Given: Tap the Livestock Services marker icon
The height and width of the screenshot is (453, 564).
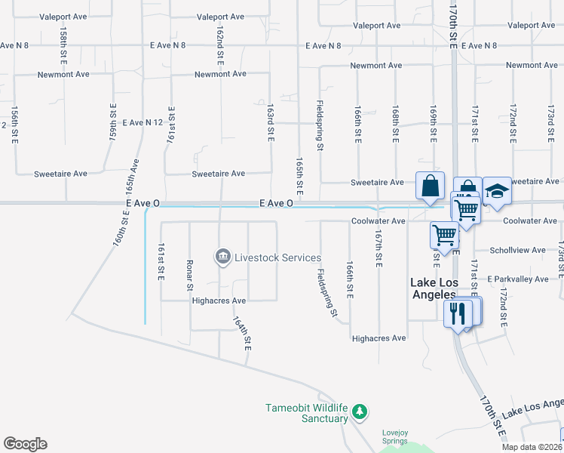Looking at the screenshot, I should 223,257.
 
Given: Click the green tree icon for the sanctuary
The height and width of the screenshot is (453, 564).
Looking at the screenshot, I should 360,411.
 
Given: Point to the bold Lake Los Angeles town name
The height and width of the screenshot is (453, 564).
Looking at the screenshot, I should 434,288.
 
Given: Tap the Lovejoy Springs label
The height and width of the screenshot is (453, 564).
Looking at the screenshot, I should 395,436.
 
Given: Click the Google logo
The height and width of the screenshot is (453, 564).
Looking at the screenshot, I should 25,444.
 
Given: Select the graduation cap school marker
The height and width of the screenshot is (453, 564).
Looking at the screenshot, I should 497,192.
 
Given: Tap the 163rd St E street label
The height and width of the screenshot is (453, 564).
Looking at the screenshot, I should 270,121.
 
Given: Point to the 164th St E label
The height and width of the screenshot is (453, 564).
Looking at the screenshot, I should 247,333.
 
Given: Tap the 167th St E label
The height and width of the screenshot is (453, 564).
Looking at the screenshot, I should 378,248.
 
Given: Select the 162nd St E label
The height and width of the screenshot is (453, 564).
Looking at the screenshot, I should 220,44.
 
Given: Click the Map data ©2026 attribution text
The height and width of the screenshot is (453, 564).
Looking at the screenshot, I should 532,447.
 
